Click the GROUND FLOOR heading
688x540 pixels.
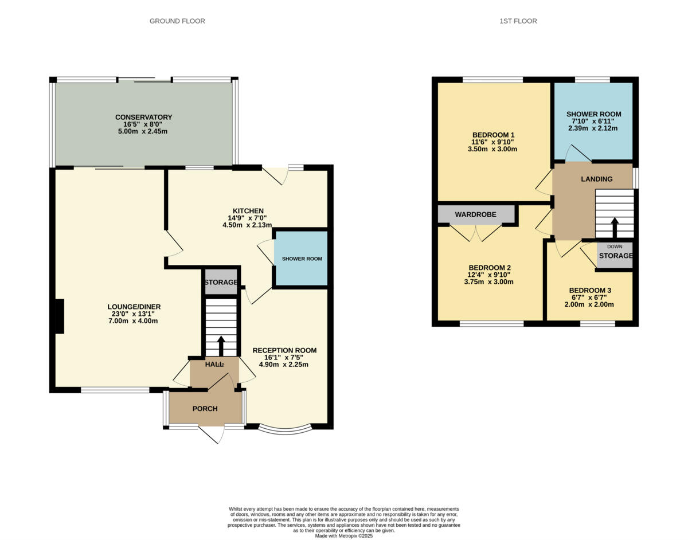[x=177, y=21]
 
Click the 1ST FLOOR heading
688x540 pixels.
[x=518, y=21]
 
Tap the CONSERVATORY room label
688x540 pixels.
[x=143, y=117]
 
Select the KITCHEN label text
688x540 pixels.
[x=248, y=211]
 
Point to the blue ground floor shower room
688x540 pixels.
[x=302, y=258]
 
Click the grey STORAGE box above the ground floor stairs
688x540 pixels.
[x=221, y=283]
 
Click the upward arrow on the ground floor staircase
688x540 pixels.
[x=221, y=346]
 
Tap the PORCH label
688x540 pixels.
[x=205, y=409]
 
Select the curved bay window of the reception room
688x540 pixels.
[x=285, y=428]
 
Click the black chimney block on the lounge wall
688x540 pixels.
[x=58, y=316]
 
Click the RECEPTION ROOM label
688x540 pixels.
[x=284, y=350]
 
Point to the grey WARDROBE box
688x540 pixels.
[x=475, y=214]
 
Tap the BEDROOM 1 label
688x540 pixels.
[x=492, y=135]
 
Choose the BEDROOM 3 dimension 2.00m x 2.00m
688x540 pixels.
[x=589, y=304]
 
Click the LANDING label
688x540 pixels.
[x=596, y=179]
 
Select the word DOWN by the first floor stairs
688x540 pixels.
[x=614, y=246]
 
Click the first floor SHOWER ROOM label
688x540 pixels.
[x=593, y=114]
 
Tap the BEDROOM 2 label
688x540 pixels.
[x=489, y=268]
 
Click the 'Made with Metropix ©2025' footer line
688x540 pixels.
[x=343, y=536]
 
